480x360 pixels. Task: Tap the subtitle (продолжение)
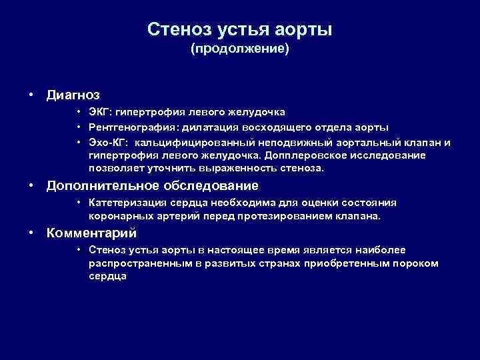[240, 49]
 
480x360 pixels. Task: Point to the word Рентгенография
[127, 127]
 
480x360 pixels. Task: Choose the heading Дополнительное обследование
[152, 185]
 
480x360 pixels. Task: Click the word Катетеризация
[122, 203]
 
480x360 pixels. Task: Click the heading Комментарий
[91, 233]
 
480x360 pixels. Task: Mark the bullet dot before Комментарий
[32, 233]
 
